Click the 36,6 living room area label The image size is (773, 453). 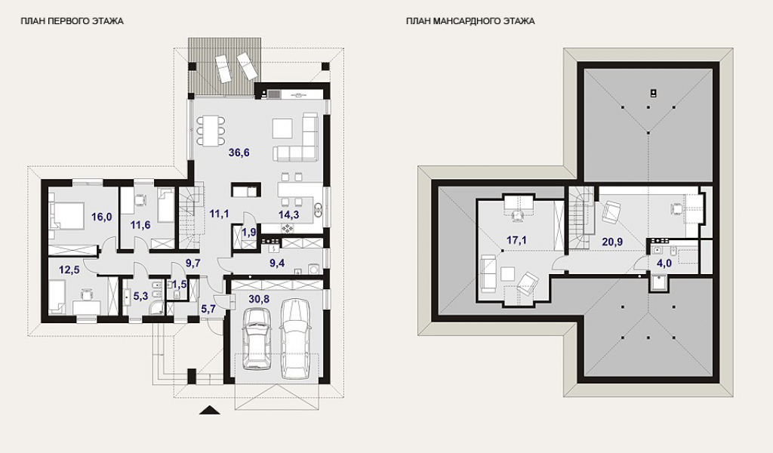[239, 153]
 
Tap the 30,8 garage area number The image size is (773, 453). [259, 299]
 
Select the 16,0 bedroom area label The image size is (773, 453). [102, 217]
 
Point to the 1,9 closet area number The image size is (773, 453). [249, 232]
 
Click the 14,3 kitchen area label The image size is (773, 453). [288, 214]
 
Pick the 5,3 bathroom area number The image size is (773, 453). [140, 296]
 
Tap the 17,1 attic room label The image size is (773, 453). [516, 240]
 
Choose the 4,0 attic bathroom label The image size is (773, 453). [664, 263]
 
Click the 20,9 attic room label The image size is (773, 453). [611, 242]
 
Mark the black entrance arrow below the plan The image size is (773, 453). [210, 410]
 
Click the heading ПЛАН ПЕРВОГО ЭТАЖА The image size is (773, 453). [72, 21]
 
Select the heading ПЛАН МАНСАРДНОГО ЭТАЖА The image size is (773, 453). [470, 21]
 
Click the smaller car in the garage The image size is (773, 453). [257, 338]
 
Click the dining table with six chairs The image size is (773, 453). [211, 130]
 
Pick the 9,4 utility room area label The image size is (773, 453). [277, 263]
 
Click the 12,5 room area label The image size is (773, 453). [69, 270]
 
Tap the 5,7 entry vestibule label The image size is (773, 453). [208, 309]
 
